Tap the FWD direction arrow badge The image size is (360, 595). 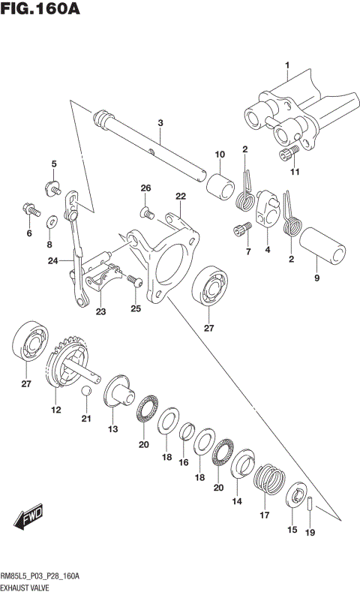point(28,520)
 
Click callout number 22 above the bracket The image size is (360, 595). point(180,197)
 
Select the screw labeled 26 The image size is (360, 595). point(148,214)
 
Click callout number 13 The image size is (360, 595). point(112,429)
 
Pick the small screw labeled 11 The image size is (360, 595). point(285,155)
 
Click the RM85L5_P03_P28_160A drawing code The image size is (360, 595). point(41,575)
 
